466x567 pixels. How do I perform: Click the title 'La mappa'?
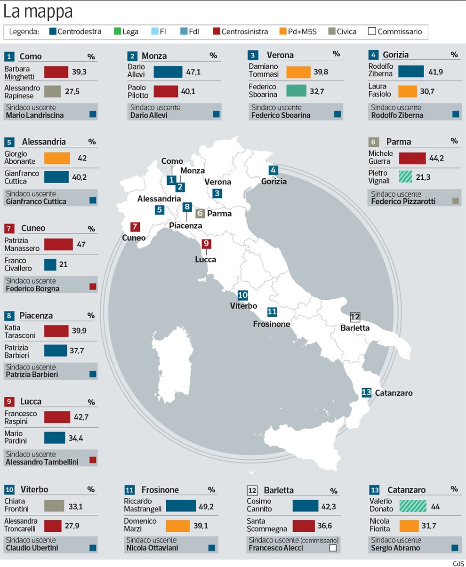coord(38,12)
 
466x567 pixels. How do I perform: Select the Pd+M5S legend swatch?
coord(283,32)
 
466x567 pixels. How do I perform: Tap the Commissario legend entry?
coord(395,32)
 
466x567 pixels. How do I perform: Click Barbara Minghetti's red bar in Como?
coord(56,72)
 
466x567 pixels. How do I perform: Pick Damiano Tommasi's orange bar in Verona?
coord(298,72)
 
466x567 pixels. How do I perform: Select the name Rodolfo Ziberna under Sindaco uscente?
coord(397,115)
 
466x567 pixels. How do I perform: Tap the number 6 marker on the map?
coord(200,213)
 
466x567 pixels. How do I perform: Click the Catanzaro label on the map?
coord(394,392)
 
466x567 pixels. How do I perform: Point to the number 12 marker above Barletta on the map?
coord(355,317)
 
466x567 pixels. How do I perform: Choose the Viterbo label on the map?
coord(243,306)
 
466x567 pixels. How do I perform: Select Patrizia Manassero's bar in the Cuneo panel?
coord(58,245)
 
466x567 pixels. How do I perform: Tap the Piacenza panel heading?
coord(36,316)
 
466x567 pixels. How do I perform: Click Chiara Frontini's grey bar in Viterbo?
coord(54,506)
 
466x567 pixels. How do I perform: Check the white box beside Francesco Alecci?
coord(333,548)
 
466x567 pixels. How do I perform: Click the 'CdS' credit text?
coord(458,564)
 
